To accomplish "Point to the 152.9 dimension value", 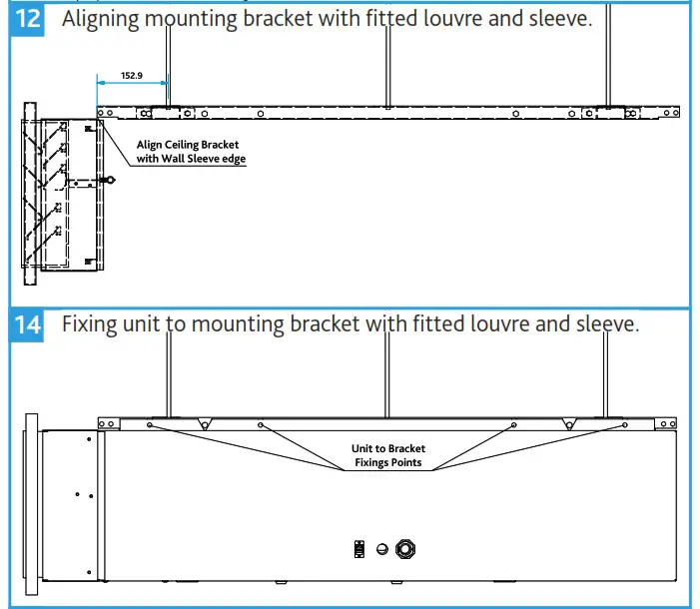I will coord(131,75).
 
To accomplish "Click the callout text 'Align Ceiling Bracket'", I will coord(188,145).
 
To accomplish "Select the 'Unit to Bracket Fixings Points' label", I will coord(385,455).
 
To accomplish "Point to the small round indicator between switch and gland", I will coord(380,548).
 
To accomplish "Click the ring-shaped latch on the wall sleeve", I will coord(111,181).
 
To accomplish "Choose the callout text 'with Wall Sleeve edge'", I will coord(191,159).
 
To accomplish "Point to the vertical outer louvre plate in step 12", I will coord(28,186).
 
